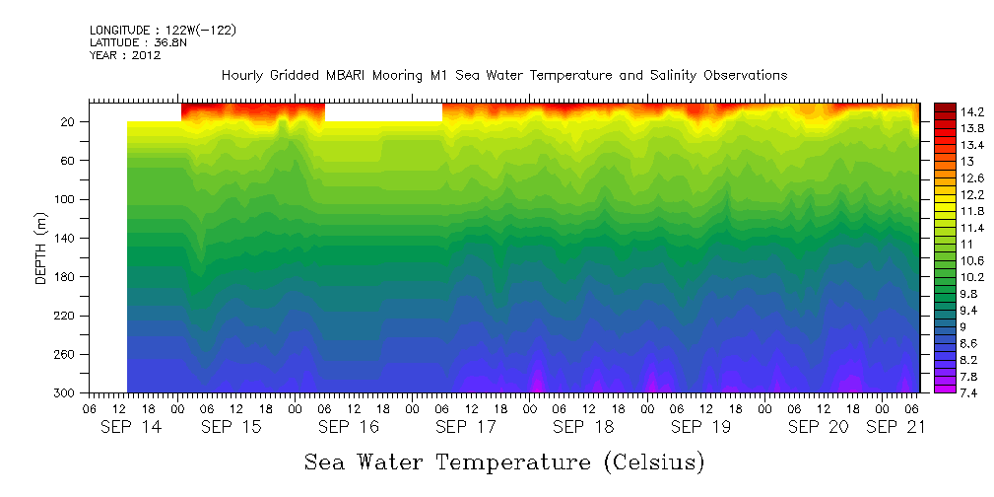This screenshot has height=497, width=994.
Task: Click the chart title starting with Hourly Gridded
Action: point(503,75)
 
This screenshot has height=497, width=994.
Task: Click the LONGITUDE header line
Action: point(163,31)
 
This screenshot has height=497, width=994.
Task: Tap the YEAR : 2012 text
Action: point(125,55)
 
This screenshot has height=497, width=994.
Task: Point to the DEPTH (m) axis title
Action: point(41,252)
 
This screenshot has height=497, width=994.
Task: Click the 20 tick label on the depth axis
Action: point(69,122)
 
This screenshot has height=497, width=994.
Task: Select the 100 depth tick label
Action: point(66,199)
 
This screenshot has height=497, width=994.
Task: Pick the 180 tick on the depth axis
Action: point(66,277)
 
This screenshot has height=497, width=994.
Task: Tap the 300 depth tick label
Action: point(66,393)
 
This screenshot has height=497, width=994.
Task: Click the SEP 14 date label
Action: point(132,427)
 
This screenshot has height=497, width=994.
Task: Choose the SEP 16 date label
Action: point(348,427)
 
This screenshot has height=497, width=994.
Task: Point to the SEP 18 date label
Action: point(583,427)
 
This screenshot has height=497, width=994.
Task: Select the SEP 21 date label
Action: point(896,427)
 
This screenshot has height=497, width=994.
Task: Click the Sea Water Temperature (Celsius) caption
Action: point(504,461)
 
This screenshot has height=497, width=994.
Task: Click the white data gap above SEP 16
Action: point(383,110)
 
